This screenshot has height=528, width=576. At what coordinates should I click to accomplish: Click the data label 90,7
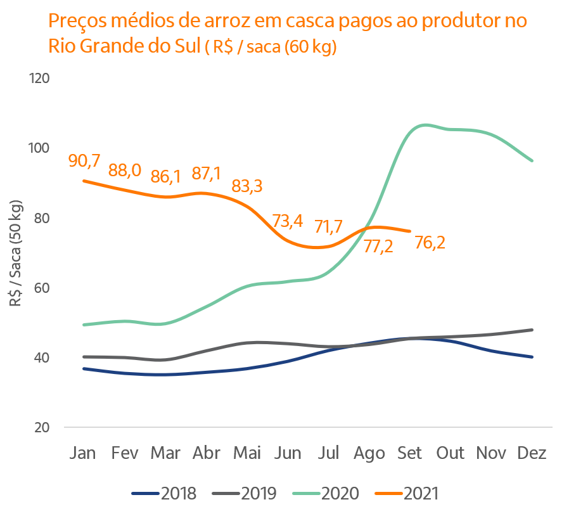click(84, 161)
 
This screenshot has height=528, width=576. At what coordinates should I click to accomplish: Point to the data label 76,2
click(429, 243)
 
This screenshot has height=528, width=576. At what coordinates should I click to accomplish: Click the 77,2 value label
click(378, 247)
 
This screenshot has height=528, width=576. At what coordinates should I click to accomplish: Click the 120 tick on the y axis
click(39, 79)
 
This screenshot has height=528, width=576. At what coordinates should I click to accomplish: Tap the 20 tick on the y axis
click(41, 427)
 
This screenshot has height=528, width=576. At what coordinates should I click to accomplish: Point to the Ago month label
click(369, 454)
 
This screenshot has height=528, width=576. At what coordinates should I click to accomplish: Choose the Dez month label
click(532, 454)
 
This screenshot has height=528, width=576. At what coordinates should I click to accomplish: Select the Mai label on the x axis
click(247, 454)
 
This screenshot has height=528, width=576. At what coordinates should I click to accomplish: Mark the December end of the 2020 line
click(532, 161)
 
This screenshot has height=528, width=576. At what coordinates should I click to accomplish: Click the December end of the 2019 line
click(532, 330)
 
